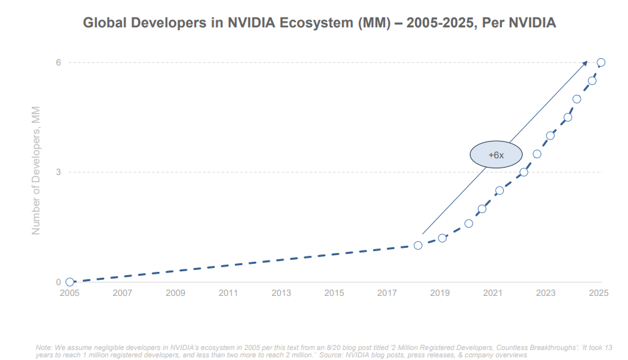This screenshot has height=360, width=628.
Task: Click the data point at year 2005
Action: (x=69, y=282)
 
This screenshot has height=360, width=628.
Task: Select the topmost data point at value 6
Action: (x=601, y=62)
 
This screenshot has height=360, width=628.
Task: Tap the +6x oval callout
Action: (x=495, y=154)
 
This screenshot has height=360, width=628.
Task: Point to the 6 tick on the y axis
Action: (x=58, y=62)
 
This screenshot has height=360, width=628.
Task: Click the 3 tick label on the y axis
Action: (x=58, y=172)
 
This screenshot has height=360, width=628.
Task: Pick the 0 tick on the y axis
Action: (x=58, y=282)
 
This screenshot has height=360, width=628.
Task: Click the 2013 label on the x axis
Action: (x=281, y=293)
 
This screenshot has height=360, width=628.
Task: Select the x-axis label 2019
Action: (x=440, y=293)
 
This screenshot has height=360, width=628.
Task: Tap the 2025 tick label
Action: (x=599, y=293)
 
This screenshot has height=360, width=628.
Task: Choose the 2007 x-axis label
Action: (x=122, y=293)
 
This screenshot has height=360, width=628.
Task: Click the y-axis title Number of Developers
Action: (x=37, y=170)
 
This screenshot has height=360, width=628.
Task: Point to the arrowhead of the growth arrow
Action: (x=585, y=62)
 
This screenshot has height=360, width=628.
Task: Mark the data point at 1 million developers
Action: (x=418, y=245)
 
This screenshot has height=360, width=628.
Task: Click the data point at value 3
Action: (x=523, y=172)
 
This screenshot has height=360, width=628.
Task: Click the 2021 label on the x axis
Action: (x=493, y=293)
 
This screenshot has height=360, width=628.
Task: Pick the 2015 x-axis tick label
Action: (x=334, y=293)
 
